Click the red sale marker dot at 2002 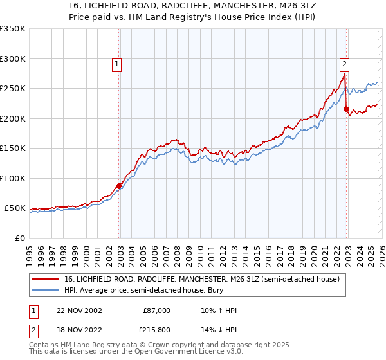(x=119, y=186)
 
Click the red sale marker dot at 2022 (x=346, y=109)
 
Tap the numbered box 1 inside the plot (x=116, y=64)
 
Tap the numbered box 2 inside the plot (x=344, y=64)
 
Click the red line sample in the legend (x=46, y=278)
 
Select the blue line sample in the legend (x=46, y=290)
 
